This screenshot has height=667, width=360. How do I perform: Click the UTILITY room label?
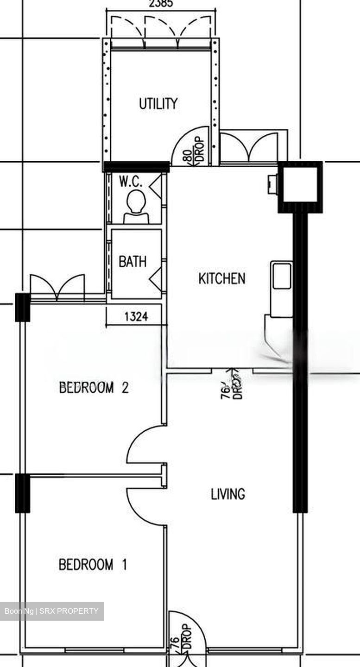click(x=158, y=104)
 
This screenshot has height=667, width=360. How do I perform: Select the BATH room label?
click(x=133, y=262)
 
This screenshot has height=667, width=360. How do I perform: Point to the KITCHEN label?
click(x=221, y=279)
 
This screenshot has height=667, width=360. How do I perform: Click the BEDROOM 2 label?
click(x=94, y=387)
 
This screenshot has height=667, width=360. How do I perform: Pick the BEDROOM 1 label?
click(x=93, y=565)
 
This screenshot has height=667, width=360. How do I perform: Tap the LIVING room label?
click(x=228, y=494)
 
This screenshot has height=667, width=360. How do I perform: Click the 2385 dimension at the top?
click(x=161, y=4)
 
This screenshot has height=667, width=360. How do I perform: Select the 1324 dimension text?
click(x=136, y=317)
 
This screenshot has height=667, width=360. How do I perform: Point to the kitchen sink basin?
click(x=281, y=276)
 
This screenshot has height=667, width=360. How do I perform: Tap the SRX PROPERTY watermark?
click(x=51, y=611)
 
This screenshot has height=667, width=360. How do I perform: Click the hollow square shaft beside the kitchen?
click(x=300, y=184)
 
